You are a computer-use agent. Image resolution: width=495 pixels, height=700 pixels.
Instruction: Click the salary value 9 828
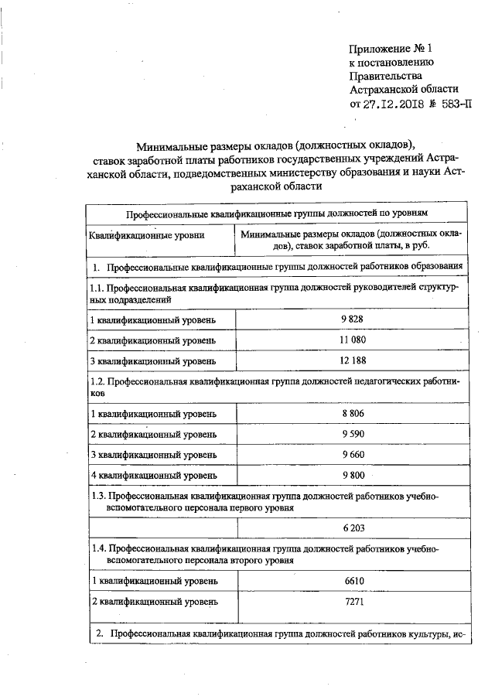click(351, 320)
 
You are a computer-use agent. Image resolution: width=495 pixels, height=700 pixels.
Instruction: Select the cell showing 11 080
click(351, 340)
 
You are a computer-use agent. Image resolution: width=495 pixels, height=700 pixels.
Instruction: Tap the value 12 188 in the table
click(351, 360)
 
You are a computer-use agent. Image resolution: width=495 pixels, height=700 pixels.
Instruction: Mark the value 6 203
click(352, 529)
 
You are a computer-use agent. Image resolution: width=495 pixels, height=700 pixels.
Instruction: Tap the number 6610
click(352, 580)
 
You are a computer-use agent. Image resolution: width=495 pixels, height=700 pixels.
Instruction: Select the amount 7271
click(352, 600)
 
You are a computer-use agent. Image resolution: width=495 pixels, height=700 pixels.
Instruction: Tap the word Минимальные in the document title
click(172, 145)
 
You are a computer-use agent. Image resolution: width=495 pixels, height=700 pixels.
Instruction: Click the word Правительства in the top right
click(386, 77)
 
